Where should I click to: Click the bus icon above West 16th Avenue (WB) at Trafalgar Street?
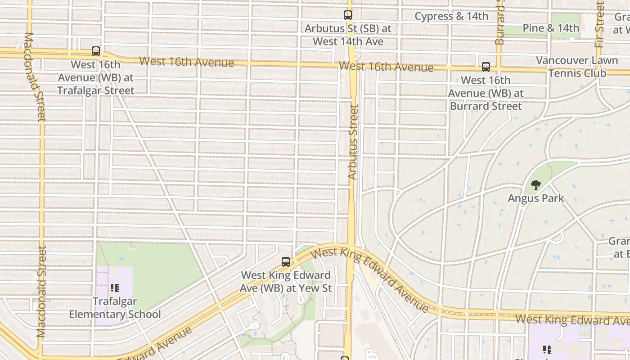tap(96, 51)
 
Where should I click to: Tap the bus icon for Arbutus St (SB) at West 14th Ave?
tap(348, 15)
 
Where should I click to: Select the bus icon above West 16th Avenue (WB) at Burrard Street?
tap(486, 67)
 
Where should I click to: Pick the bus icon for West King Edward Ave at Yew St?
tap(285, 261)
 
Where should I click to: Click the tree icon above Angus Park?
tap(535, 184)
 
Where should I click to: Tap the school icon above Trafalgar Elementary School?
tap(114, 287)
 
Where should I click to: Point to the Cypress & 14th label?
tap(451, 17)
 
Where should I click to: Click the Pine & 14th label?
tap(551, 28)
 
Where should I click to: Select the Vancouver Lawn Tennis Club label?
tap(577, 67)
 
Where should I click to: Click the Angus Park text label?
tap(535, 198)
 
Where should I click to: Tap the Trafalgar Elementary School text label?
tap(115, 308)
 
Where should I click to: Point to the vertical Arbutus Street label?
tap(353, 142)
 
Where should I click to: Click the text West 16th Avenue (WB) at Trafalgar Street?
tap(96, 77)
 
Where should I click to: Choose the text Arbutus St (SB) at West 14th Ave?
tap(348, 35)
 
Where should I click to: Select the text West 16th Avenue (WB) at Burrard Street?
tap(486, 93)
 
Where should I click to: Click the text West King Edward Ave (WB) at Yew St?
tap(286, 281)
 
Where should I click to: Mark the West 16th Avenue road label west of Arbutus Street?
tap(186, 62)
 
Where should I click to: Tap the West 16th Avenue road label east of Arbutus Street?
tap(386, 67)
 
